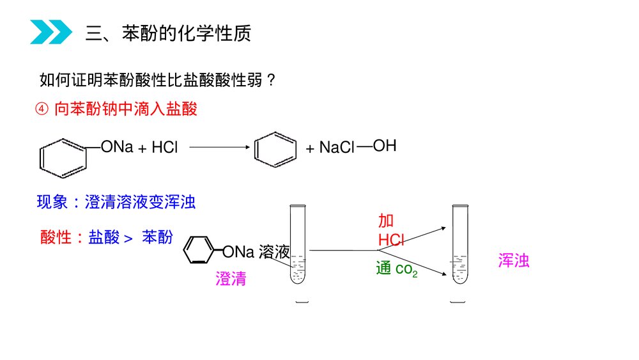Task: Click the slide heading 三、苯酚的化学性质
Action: (168, 33)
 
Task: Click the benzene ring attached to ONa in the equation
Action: (63, 157)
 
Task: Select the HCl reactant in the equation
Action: (164, 148)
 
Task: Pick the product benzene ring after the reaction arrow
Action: (275, 148)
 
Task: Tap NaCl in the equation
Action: (337, 148)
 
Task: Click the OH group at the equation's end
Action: (385, 146)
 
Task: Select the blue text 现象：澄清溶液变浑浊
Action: (116, 203)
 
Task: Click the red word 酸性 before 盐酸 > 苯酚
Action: (53, 237)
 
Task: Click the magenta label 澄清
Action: (231, 279)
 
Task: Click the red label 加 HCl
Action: (391, 230)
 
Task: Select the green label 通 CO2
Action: (396, 269)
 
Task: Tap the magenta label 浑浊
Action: (514, 261)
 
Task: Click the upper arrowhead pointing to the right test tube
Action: (442, 227)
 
